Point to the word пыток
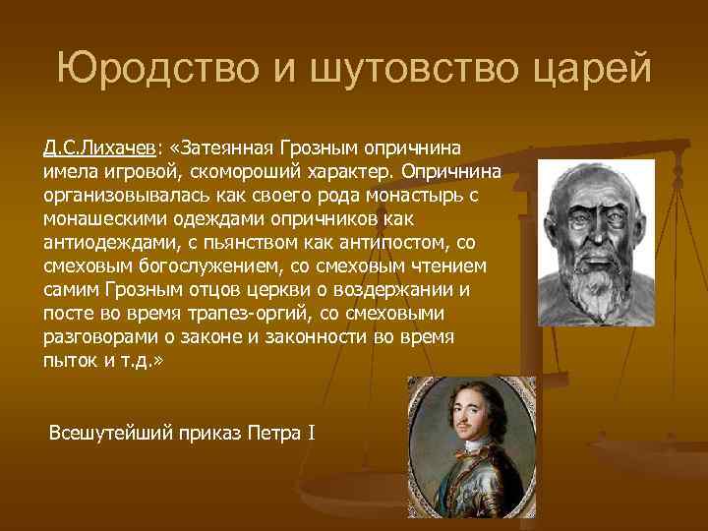coord(66,360)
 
